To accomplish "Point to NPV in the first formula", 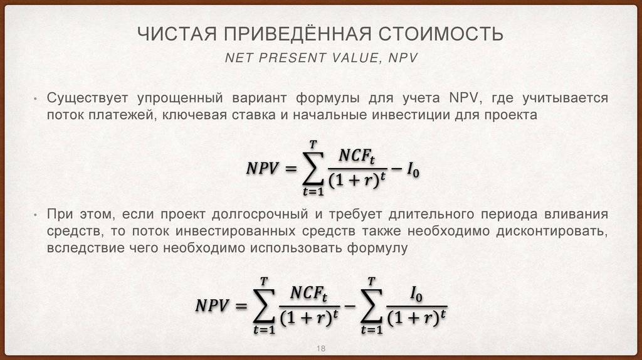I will click(262, 169).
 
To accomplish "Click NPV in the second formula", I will click(213, 305).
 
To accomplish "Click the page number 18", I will click(321, 349).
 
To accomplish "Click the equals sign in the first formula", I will click(290, 170).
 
